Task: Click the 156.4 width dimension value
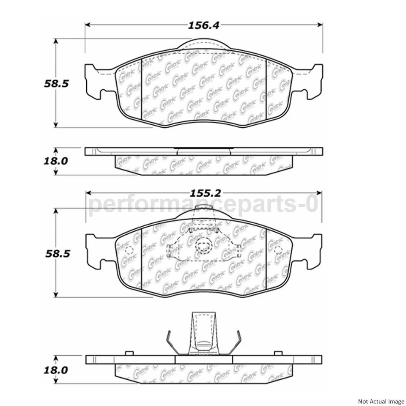tap(203, 25)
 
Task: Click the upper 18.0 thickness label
tap(55, 161)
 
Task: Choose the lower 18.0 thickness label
tap(55, 370)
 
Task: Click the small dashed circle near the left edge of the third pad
tap(129, 250)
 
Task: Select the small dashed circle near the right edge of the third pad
tap(278, 250)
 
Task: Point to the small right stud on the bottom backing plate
tap(278, 353)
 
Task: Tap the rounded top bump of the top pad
tap(204, 45)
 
